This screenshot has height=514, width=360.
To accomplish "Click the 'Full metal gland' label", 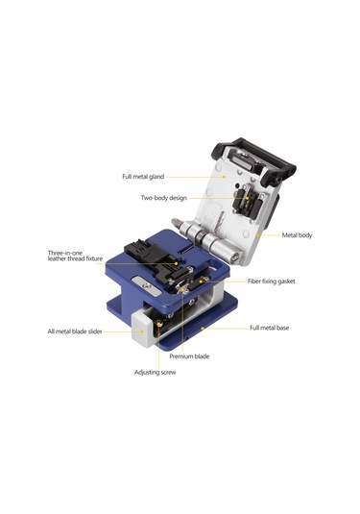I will [143, 177].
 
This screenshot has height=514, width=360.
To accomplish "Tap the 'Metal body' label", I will [297, 234].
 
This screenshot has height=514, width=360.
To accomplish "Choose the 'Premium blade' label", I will [190, 356].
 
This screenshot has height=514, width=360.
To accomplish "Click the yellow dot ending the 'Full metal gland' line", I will [223, 176].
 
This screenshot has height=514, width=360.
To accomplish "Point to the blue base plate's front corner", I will [177, 344].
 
